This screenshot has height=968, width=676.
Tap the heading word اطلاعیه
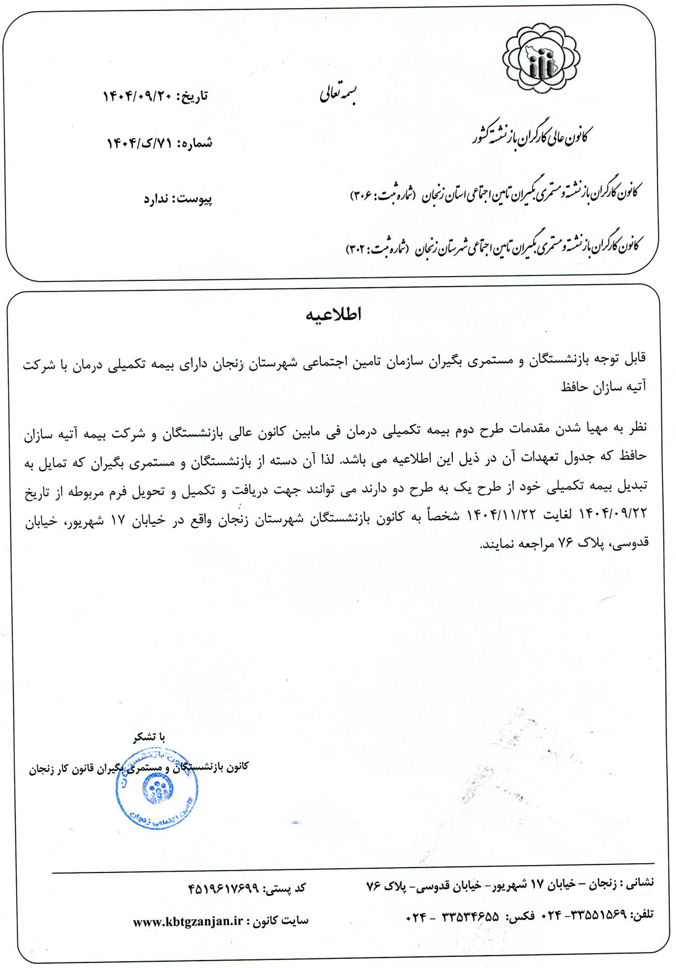(334, 315)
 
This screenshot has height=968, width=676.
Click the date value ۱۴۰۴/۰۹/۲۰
(137, 97)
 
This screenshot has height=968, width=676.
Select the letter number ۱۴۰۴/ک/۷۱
(140, 144)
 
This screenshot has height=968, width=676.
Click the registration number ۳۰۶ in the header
(361, 195)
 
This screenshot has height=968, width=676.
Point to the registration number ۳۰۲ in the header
(356, 248)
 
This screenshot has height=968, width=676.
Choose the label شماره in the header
(197, 144)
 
